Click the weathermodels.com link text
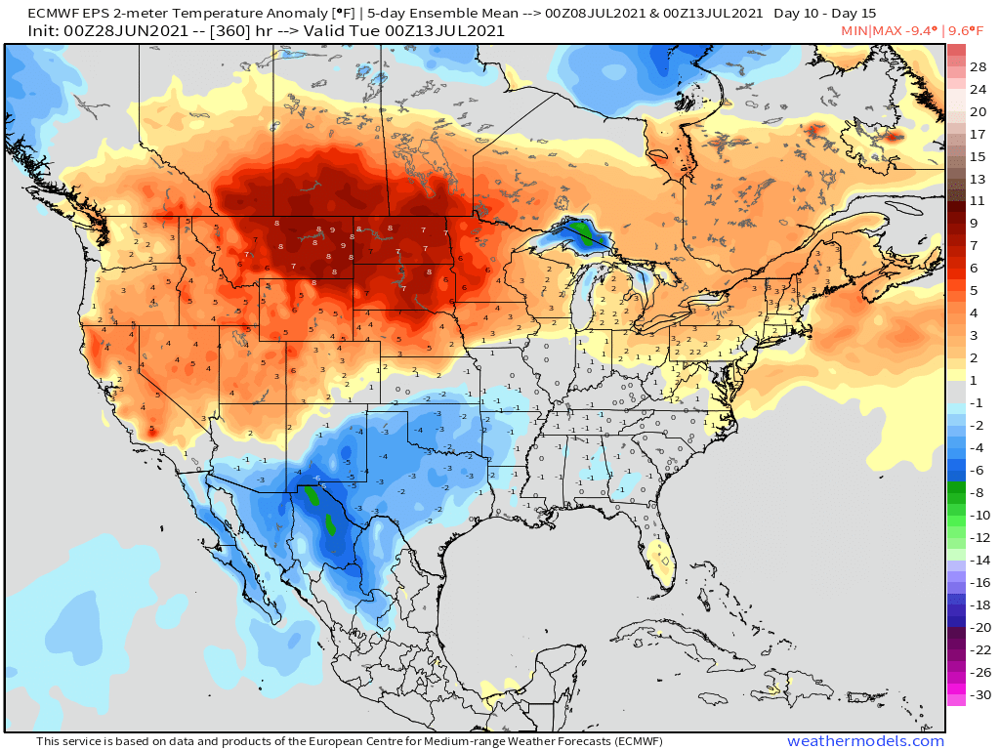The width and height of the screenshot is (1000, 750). click(x=865, y=741)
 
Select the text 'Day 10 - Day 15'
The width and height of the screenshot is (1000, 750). click(x=825, y=13)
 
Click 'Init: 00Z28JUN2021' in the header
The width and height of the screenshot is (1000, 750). click(x=101, y=30)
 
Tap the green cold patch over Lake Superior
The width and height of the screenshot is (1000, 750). click(x=582, y=232)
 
